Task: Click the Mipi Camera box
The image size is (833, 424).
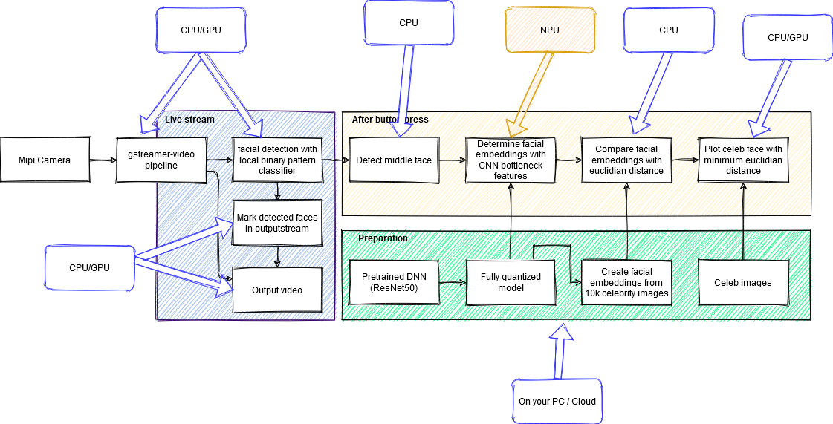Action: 45,160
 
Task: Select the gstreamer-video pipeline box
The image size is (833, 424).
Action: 162,160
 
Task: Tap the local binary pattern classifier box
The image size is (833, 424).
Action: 277,160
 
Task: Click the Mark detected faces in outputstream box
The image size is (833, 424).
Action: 277,223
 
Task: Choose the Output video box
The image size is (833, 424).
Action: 277,290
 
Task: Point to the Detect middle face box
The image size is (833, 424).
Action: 393,160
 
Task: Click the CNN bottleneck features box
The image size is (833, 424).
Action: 511,160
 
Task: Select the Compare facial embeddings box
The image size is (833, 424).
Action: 628,160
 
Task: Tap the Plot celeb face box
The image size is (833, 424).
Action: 743,160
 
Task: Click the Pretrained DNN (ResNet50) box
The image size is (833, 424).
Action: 393,282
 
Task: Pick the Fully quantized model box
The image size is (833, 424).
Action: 511,282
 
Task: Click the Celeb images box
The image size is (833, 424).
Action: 743,282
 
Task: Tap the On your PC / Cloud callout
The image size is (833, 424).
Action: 557,401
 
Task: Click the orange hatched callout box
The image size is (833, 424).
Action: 550,29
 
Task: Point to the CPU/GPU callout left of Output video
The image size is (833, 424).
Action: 89,267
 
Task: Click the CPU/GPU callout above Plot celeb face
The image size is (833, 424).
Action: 787,38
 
